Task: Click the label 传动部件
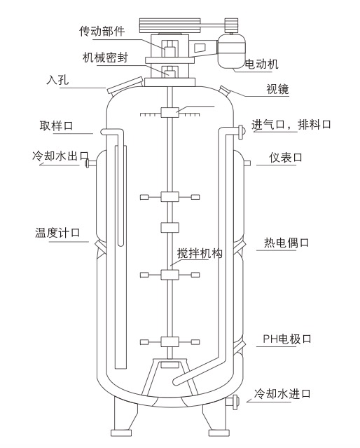coord(102,31)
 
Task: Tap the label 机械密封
coord(105,57)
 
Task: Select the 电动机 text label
coord(262,64)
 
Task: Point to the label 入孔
coord(57,80)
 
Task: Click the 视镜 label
coord(277,89)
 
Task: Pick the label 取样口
coord(56,125)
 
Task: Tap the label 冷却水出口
coord(60,156)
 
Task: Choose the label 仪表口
coord(286,158)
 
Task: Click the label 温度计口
coord(57,233)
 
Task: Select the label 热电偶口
coord(286,243)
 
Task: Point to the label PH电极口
coord(287,339)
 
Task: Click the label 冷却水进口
coord(282,394)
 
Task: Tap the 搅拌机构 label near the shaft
coord(200,253)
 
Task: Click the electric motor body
coord(232,51)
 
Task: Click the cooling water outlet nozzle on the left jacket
coord(91,163)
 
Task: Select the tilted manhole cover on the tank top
coord(125,85)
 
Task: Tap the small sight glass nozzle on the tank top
coord(224,90)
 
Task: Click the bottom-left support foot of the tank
coord(122,433)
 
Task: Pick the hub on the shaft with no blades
coord(170,228)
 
